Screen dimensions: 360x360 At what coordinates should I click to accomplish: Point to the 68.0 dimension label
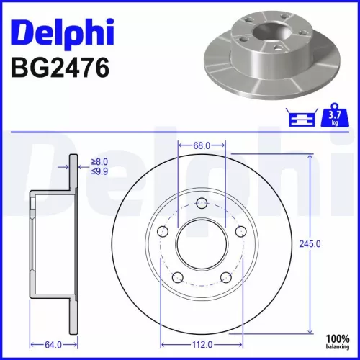click(202, 146)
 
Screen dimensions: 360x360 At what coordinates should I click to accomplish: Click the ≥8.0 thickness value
click(100, 162)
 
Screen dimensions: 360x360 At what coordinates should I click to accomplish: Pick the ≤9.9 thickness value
click(100, 173)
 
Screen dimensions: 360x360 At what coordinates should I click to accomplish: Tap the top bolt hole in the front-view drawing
click(202, 205)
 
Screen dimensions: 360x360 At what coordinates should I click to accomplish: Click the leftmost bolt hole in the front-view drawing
click(163, 232)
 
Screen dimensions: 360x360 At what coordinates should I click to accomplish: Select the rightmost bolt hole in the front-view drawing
click(240, 232)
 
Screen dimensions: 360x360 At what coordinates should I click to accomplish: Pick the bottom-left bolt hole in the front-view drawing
click(178, 278)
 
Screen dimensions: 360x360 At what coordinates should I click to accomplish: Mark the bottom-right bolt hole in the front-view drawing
click(225, 278)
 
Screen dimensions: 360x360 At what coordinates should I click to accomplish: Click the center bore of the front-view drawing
click(202, 243)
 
